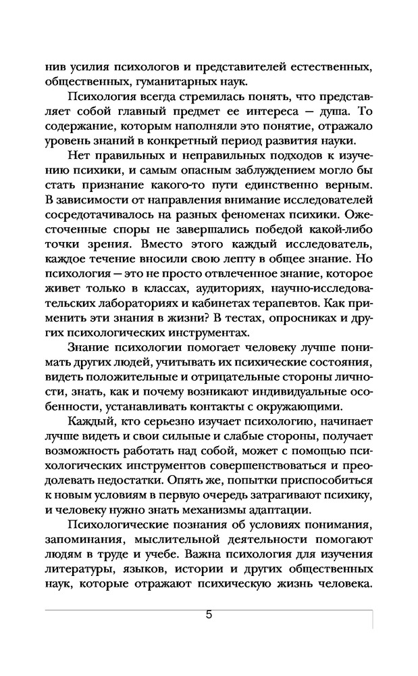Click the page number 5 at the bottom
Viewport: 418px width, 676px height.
[x=209, y=615]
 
